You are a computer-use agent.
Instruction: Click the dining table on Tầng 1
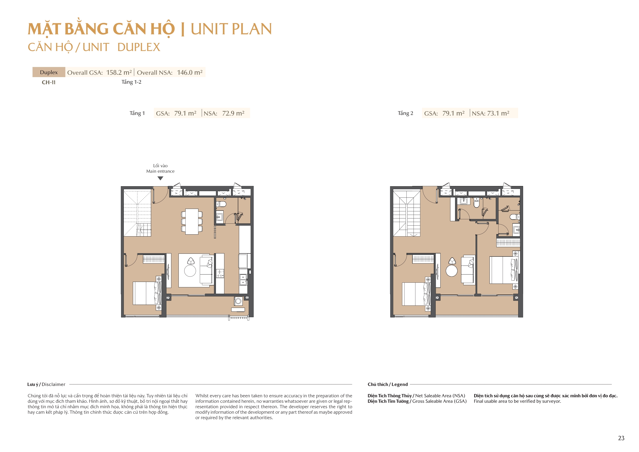click(x=192, y=221)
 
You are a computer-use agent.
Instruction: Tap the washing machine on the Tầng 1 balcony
click(x=238, y=301)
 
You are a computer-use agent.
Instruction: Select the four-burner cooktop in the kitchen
click(x=220, y=273)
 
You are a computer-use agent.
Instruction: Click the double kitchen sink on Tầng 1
click(x=243, y=279)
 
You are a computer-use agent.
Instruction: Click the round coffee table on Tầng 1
click(x=190, y=271)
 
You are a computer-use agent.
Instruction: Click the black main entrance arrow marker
click(x=160, y=178)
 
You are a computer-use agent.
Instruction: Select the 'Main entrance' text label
click(x=160, y=171)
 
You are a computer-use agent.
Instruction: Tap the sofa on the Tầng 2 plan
click(x=468, y=270)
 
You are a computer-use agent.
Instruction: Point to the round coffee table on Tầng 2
click(x=452, y=271)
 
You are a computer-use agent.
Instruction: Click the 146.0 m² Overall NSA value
click(x=189, y=72)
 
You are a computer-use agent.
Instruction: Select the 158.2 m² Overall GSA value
click(x=119, y=72)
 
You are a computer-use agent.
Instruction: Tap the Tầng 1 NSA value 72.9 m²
click(x=233, y=113)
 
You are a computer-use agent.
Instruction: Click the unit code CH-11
click(x=49, y=82)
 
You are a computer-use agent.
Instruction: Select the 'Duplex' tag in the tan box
click(x=49, y=72)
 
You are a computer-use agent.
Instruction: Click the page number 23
click(x=621, y=438)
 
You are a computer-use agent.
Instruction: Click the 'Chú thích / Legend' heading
click(x=387, y=384)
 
